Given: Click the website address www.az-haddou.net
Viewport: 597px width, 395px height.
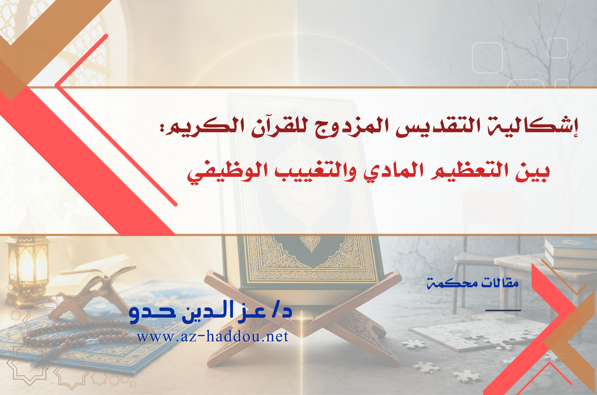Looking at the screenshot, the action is coord(213,336).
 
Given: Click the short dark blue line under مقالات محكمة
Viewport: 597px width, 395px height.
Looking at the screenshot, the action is coord(503,310).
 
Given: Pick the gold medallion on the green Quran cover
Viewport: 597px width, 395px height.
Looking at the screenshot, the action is coord(311,243).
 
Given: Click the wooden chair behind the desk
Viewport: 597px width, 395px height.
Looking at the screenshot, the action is coord(479,252).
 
